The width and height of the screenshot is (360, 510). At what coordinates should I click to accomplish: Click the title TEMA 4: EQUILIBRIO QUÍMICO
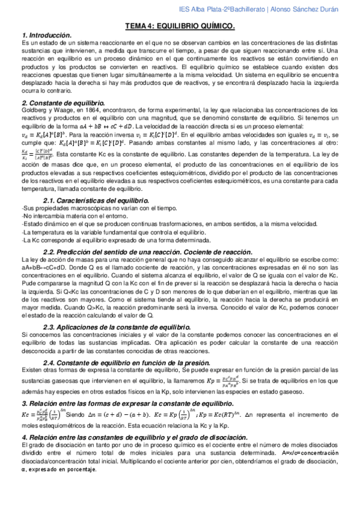click(179, 27)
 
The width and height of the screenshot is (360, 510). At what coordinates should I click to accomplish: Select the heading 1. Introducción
click(46, 35)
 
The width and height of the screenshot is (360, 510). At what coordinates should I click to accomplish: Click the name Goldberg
click(34, 111)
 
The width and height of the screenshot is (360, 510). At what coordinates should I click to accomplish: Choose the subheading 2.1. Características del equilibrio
click(96, 200)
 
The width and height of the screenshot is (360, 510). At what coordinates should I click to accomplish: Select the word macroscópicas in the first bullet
click(79, 207)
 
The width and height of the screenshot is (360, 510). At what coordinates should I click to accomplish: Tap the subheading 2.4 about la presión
click(126, 362)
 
